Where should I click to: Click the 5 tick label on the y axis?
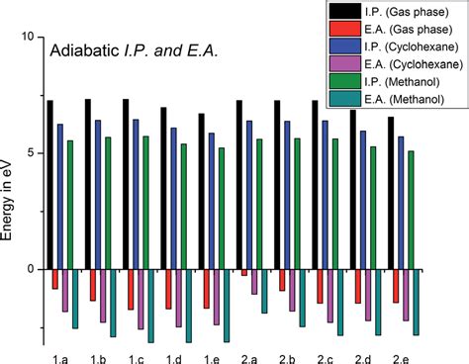coord(31,153)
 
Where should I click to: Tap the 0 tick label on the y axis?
coord(31,269)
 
